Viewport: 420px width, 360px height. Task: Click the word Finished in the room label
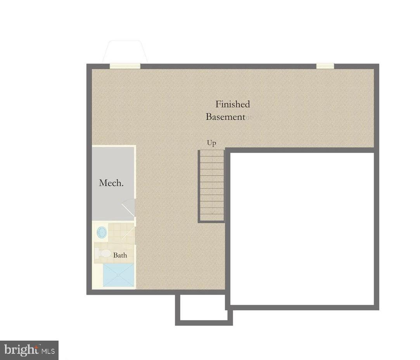click(233, 104)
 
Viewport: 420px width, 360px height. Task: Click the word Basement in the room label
click(225, 117)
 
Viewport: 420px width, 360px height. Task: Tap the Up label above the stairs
click(211, 143)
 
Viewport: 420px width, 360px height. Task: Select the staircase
click(212, 186)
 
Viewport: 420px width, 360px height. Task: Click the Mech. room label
click(111, 183)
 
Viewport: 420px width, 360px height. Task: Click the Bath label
click(120, 255)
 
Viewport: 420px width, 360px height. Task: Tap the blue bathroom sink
click(102, 233)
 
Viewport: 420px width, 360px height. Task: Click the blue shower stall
click(119, 276)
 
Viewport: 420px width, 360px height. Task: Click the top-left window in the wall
click(125, 66)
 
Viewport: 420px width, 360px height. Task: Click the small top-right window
click(325, 66)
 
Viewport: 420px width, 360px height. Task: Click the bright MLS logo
click(29, 350)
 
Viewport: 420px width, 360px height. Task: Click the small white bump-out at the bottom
click(204, 308)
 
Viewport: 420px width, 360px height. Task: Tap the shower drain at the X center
click(119, 276)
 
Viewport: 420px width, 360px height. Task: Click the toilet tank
click(97, 253)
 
